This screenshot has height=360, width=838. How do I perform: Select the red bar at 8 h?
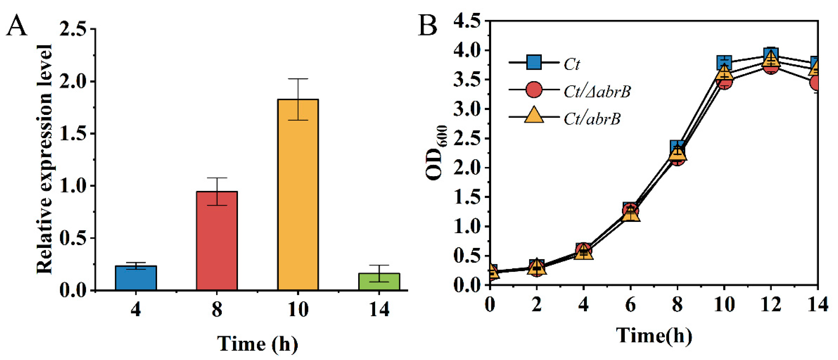coord(217,241)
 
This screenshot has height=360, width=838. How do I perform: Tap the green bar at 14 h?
coord(379,282)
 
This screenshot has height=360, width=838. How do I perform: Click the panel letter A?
coord(17,26)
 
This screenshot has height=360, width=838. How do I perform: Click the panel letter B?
coord(428,25)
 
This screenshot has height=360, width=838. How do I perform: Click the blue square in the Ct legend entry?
coord(534,62)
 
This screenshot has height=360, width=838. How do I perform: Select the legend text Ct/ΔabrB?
coord(597,92)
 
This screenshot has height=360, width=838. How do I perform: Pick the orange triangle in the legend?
coord(534,115)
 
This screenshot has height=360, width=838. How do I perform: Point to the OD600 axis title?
coord(436,153)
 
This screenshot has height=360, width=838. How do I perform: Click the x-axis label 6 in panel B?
coord(630,305)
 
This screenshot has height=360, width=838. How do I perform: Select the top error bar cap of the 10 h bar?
coord(298,79)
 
